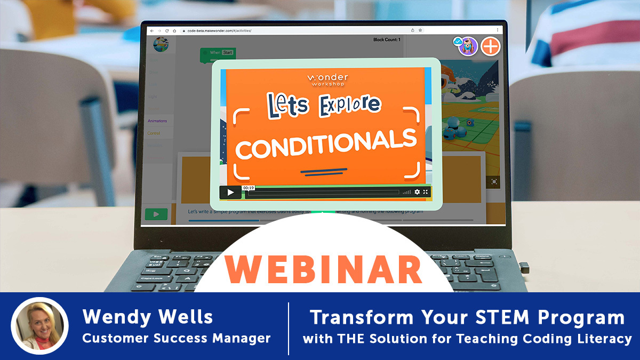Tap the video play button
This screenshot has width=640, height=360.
tap(230, 193)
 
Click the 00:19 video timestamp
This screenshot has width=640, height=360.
tap(248, 188)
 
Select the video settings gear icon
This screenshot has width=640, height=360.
tap(417, 192)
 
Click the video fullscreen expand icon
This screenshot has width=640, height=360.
tap(426, 192)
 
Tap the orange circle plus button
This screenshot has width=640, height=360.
tap(491, 46)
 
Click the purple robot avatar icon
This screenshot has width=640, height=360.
tap(468, 46)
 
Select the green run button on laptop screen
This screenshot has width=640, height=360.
tap(156, 214)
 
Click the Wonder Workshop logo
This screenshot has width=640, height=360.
tap(326, 80)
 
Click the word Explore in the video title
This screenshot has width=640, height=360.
tap(349, 105)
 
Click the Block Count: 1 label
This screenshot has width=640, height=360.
tap(387, 39)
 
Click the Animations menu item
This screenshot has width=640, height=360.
tap(157, 121)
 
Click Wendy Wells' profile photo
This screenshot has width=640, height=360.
tap(39, 325)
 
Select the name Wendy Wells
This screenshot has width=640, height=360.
tap(148, 317)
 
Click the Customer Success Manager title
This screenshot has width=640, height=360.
tap(176, 338)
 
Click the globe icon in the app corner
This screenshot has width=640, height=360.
tap(160, 45)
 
